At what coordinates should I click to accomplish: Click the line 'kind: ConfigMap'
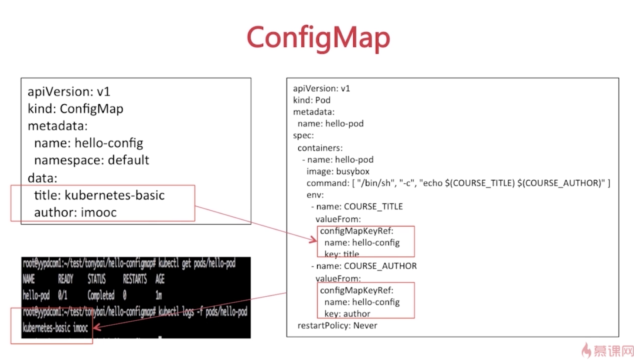pos(75,109)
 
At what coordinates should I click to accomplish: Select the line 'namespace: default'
pos(92,160)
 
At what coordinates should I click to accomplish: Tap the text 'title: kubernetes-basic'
pos(99,195)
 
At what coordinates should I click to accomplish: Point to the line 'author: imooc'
pos(75,213)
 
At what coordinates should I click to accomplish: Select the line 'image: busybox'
pos(338,171)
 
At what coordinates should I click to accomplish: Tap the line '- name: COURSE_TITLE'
pos(357,206)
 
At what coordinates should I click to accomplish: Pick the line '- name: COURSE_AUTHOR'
pos(364,266)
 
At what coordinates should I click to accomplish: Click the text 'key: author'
pos(347,313)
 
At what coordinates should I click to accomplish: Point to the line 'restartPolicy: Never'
pos(337,326)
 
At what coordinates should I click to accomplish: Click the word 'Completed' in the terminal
pos(101,295)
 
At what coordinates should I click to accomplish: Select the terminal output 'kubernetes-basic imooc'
pos(55,328)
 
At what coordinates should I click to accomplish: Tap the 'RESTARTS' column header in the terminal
pos(135,279)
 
